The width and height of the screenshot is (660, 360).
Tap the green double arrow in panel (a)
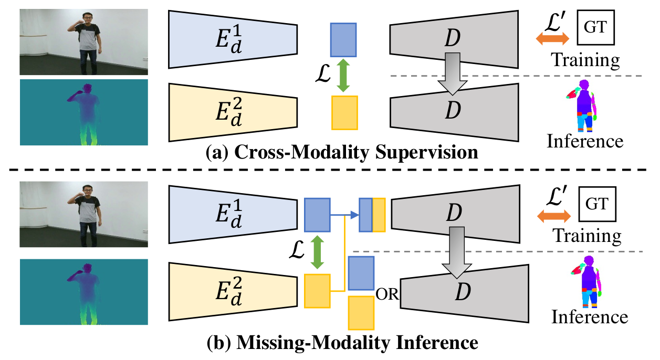[343, 76]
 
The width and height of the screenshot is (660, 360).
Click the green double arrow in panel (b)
[317, 252]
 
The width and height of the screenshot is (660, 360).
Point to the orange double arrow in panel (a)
[552, 39]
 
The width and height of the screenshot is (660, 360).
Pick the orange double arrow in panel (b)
[554, 216]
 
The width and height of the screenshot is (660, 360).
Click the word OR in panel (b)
[387, 294]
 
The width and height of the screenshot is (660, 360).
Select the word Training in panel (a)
[585, 60]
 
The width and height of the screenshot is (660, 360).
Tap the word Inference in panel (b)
[590, 317]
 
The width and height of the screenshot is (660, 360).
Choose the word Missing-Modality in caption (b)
[314, 343]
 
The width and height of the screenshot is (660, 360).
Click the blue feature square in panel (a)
[343, 40]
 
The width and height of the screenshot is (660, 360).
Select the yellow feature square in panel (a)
[344, 113]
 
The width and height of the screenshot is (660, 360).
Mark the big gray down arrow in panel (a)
[453, 73]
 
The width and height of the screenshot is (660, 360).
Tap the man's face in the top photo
[88, 18]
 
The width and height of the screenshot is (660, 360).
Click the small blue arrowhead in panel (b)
[355, 215]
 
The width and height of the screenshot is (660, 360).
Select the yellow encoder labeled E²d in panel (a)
[233, 112]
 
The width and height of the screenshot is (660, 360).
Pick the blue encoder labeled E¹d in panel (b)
[233, 215]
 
